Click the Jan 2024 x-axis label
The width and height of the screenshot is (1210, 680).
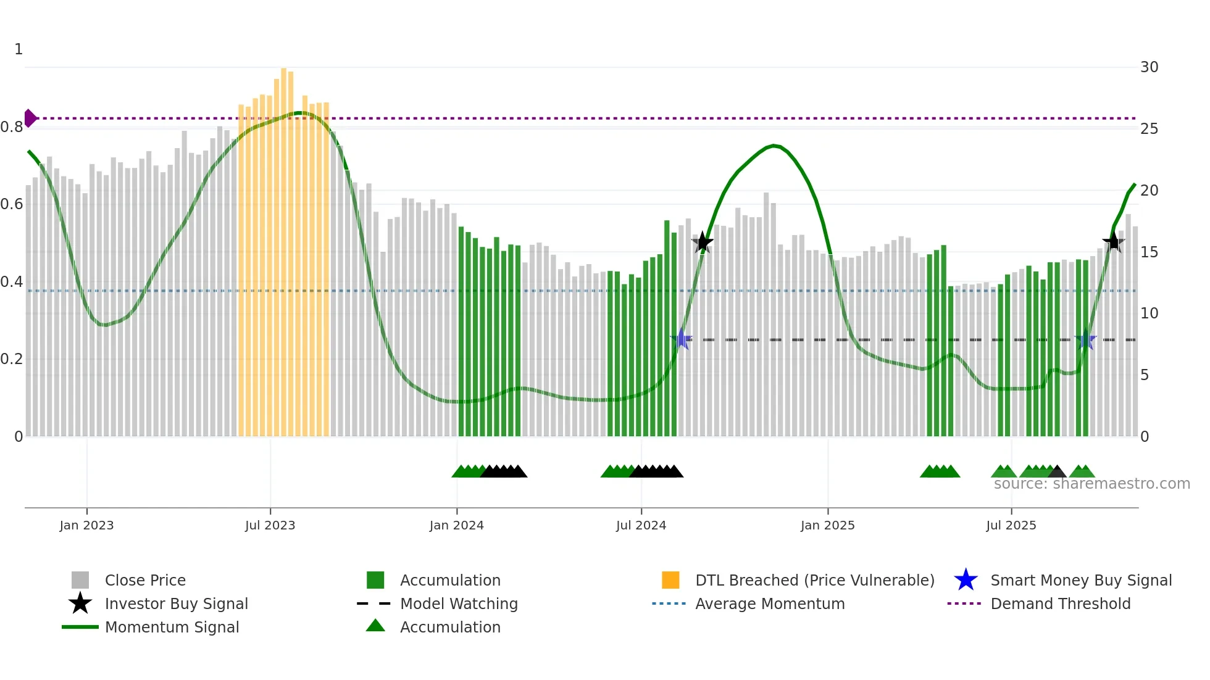coord(456,525)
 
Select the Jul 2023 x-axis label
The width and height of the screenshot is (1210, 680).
coord(270,525)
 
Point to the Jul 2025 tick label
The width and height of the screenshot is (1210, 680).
coord(1011,525)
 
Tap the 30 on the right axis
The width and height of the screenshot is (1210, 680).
coord(1149,67)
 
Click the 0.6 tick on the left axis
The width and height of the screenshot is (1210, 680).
coord(12,204)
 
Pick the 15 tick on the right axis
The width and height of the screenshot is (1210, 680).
coord(1149,252)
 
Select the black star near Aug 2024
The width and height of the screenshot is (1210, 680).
coord(702,243)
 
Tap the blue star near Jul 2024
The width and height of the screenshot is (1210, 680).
coord(682,339)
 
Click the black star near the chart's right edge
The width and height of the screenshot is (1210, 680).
coord(1114,242)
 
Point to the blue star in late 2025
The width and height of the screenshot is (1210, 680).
coord(1085,339)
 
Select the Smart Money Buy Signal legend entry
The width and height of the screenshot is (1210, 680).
coord(1080,580)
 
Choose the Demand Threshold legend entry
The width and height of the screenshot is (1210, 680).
coord(1060,603)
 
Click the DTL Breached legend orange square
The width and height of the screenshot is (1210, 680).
coord(670,580)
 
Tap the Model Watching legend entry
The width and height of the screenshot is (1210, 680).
coord(458,603)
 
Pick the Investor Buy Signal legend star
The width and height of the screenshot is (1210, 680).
coord(80,603)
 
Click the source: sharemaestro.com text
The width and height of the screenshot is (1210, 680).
coord(1091,484)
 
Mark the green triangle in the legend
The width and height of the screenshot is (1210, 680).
coord(375,626)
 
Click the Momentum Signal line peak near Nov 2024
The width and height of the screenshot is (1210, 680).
coord(774,146)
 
